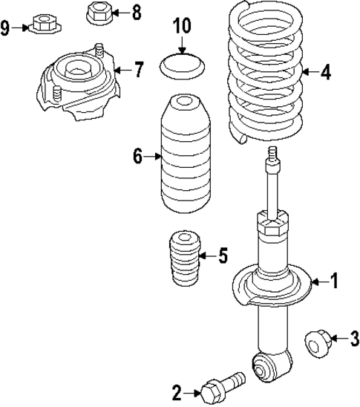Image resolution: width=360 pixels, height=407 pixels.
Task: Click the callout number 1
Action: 334,281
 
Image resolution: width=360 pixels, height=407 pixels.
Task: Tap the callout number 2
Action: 177,391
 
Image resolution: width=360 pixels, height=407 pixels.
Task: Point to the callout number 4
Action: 326,72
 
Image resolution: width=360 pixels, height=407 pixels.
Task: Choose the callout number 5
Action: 223,257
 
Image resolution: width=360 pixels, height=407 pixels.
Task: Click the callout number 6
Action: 137,157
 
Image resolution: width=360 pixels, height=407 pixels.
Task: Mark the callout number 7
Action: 139,71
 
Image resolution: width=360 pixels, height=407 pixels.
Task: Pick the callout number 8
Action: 136,12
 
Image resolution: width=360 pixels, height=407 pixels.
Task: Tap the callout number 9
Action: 6,28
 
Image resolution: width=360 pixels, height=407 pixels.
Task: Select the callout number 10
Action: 182,26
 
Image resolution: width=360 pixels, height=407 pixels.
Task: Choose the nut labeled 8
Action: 99,13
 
